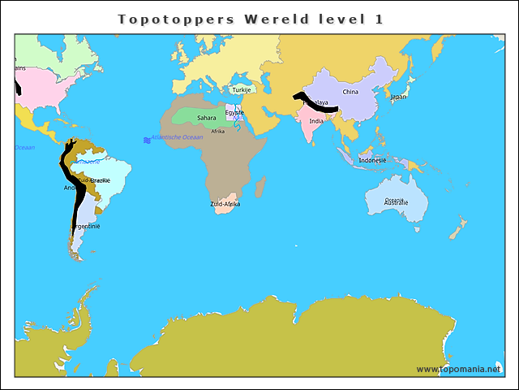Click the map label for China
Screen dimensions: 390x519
click(x=350, y=92)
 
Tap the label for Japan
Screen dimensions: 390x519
click(x=398, y=97)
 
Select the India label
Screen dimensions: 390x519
click(x=316, y=121)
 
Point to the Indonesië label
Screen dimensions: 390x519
click(x=372, y=160)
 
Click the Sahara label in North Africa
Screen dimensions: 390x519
click(x=207, y=118)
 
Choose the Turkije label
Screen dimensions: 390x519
click(x=241, y=90)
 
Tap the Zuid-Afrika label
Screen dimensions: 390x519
click(x=225, y=204)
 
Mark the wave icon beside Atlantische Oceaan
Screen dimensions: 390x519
click(x=147, y=140)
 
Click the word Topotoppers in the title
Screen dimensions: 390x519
click(x=165, y=18)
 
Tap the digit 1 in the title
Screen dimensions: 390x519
click(x=380, y=18)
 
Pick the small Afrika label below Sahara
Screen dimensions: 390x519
click(x=217, y=131)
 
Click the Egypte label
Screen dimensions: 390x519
click(x=234, y=112)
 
